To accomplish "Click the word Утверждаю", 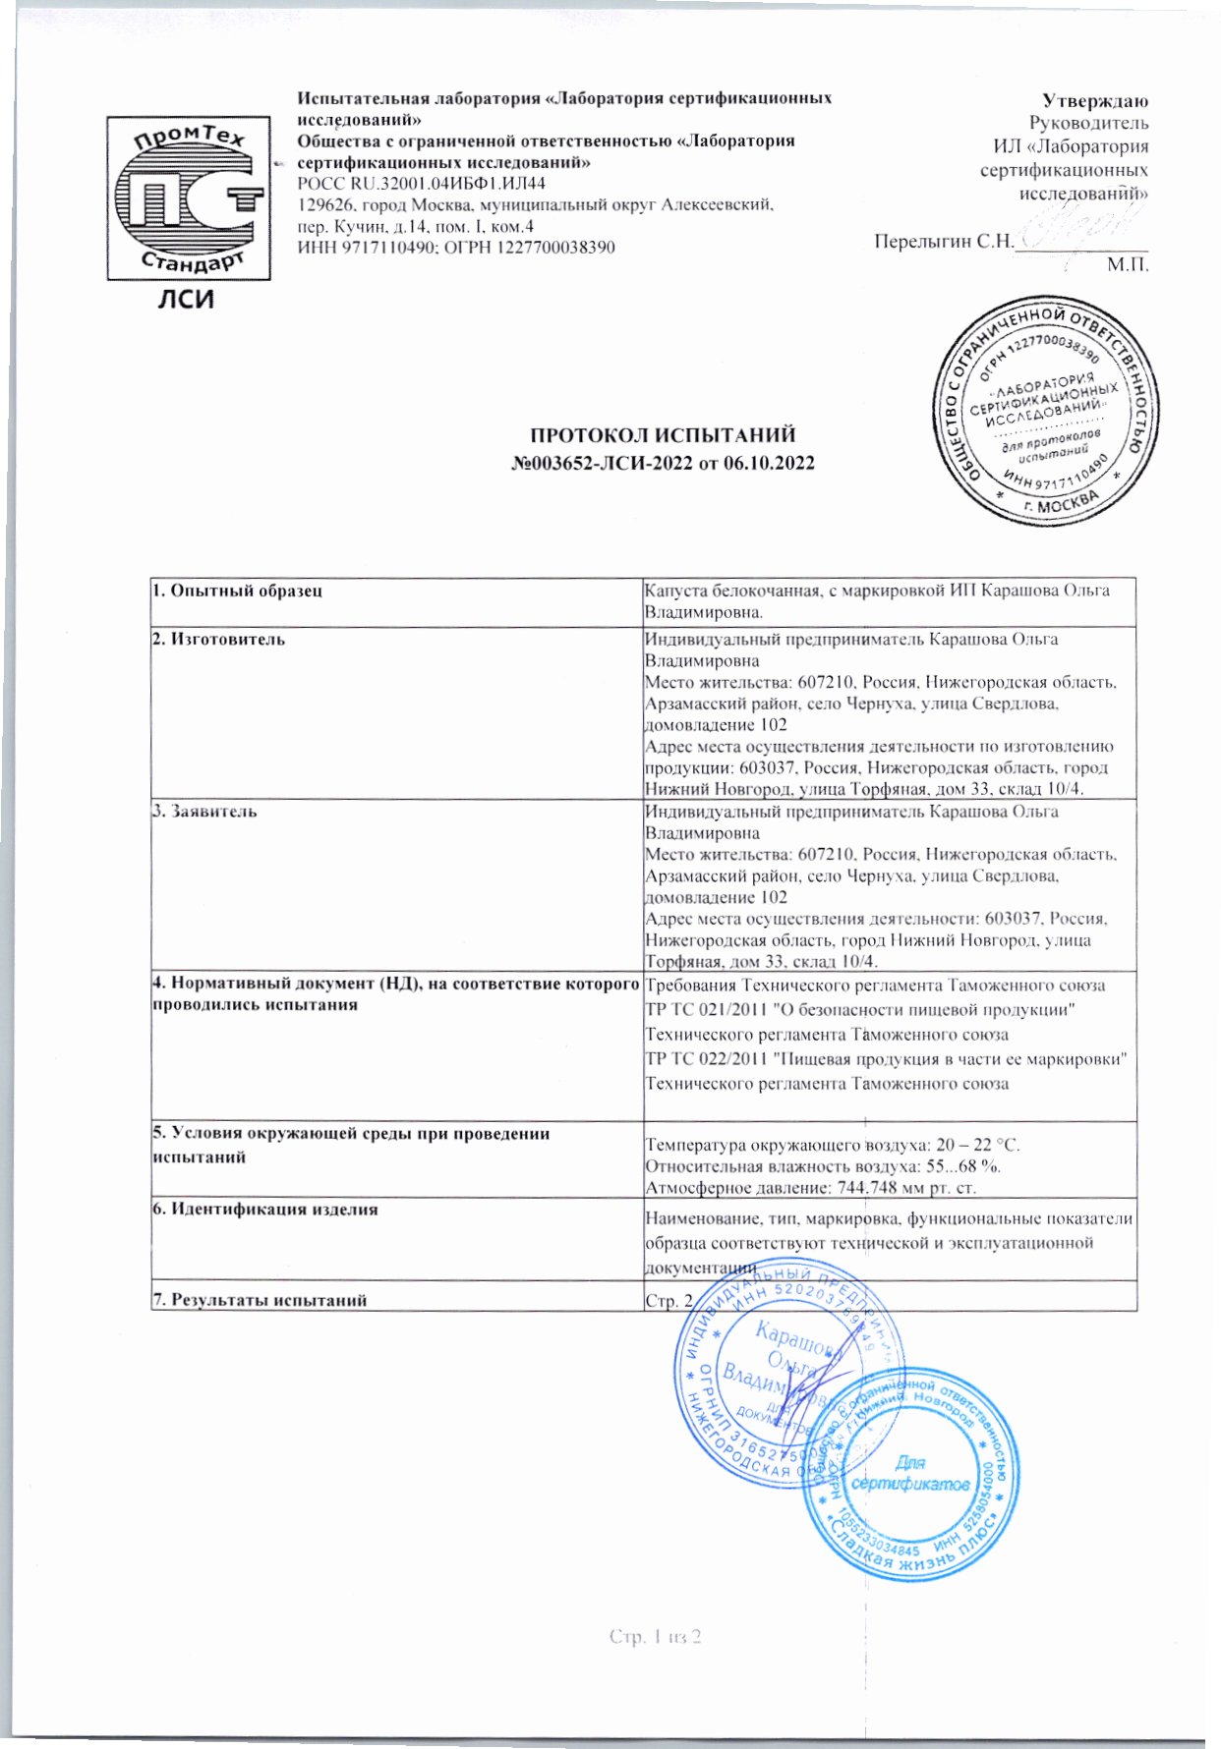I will click(x=1095, y=100).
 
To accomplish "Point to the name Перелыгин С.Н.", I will click(x=943, y=242).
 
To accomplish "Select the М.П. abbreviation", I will click(x=1127, y=263).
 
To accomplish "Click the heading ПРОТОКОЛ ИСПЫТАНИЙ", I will click(x=663, y=435).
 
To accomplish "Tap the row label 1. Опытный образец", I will click(x=237, y=591).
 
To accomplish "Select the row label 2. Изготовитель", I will click(x=218, y=640).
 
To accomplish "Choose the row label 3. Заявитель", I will click(x=204, y=812).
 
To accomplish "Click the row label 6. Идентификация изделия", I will click(x=264, y=1210).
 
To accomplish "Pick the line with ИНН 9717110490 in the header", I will click(x=456, y=247).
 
